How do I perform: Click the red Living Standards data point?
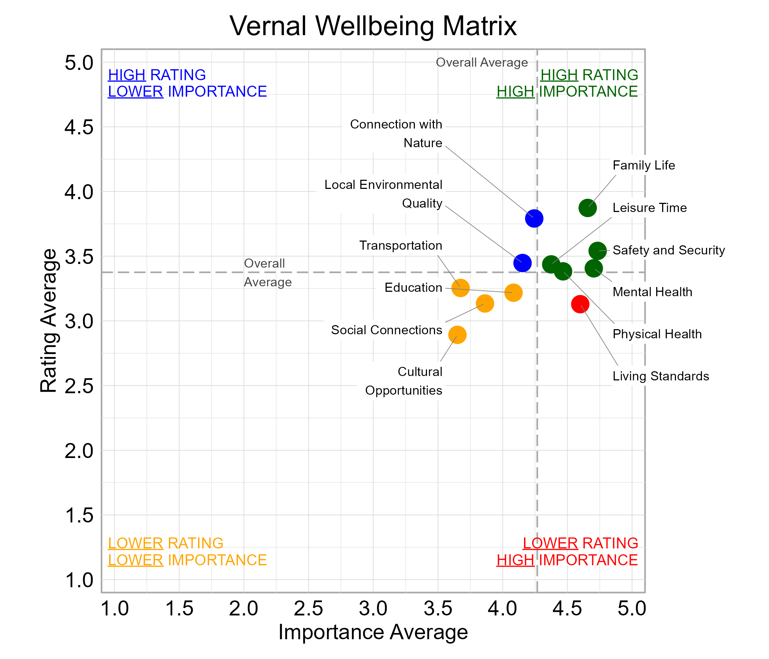click(x=580, y=304)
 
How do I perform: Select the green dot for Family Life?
click(x=587, y=208)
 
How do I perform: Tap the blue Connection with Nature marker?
click(x=534, y=219)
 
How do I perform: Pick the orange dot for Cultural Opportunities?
click(x=457, y=335)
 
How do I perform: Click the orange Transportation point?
click(x=461, y=288)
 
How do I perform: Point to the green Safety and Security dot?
click(x=598, y=251)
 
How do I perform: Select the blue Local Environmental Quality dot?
click(x=523, y=263)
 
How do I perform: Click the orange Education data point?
click(x=513, y=293)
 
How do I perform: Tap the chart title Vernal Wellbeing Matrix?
click(x=373, y=26)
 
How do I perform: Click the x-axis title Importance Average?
click(x=373, y=632)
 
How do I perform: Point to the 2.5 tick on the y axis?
click(x=79, y=386)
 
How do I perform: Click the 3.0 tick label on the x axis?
click(x=373, y=609)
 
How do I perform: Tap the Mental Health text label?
click(x=653, y=292)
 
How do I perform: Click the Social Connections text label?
click(x=386, y=330)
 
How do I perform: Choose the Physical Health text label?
click(x=657, y=334)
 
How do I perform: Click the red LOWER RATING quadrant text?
click(x=580, y=543)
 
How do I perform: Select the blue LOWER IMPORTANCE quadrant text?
click(x=187, y=92)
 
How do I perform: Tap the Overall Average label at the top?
click(x=482, y=62)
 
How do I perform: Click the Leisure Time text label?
click(x=650, y=208)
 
